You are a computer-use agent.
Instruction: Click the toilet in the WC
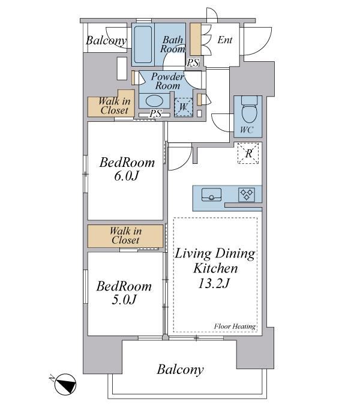[249, 109]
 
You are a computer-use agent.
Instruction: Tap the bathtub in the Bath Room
[143, 44]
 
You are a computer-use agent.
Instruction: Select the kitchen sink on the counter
[211, 194]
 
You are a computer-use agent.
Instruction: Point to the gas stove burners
[247, 195]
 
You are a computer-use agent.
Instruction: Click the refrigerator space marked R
[248, 153]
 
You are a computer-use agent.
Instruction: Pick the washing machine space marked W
[184, 107]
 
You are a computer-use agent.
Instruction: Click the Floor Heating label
[235, 327]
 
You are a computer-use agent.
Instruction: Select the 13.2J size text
[214, 283]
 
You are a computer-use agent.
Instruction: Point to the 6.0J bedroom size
[127, 176]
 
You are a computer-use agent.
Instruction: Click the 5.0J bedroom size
[124, 300]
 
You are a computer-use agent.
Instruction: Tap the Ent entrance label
[225, 40]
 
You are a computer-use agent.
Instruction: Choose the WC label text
[247, 130]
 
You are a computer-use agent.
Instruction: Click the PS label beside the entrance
[193, 62]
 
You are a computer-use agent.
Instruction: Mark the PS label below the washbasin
[155, 113]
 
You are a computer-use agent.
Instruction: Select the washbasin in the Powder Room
[154, 101]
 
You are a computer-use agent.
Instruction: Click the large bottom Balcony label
[180, 370]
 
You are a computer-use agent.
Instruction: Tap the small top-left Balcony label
[106, 40]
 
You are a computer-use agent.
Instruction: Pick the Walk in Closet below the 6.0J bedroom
[125, 235]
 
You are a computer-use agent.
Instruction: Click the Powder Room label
[167, 81]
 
